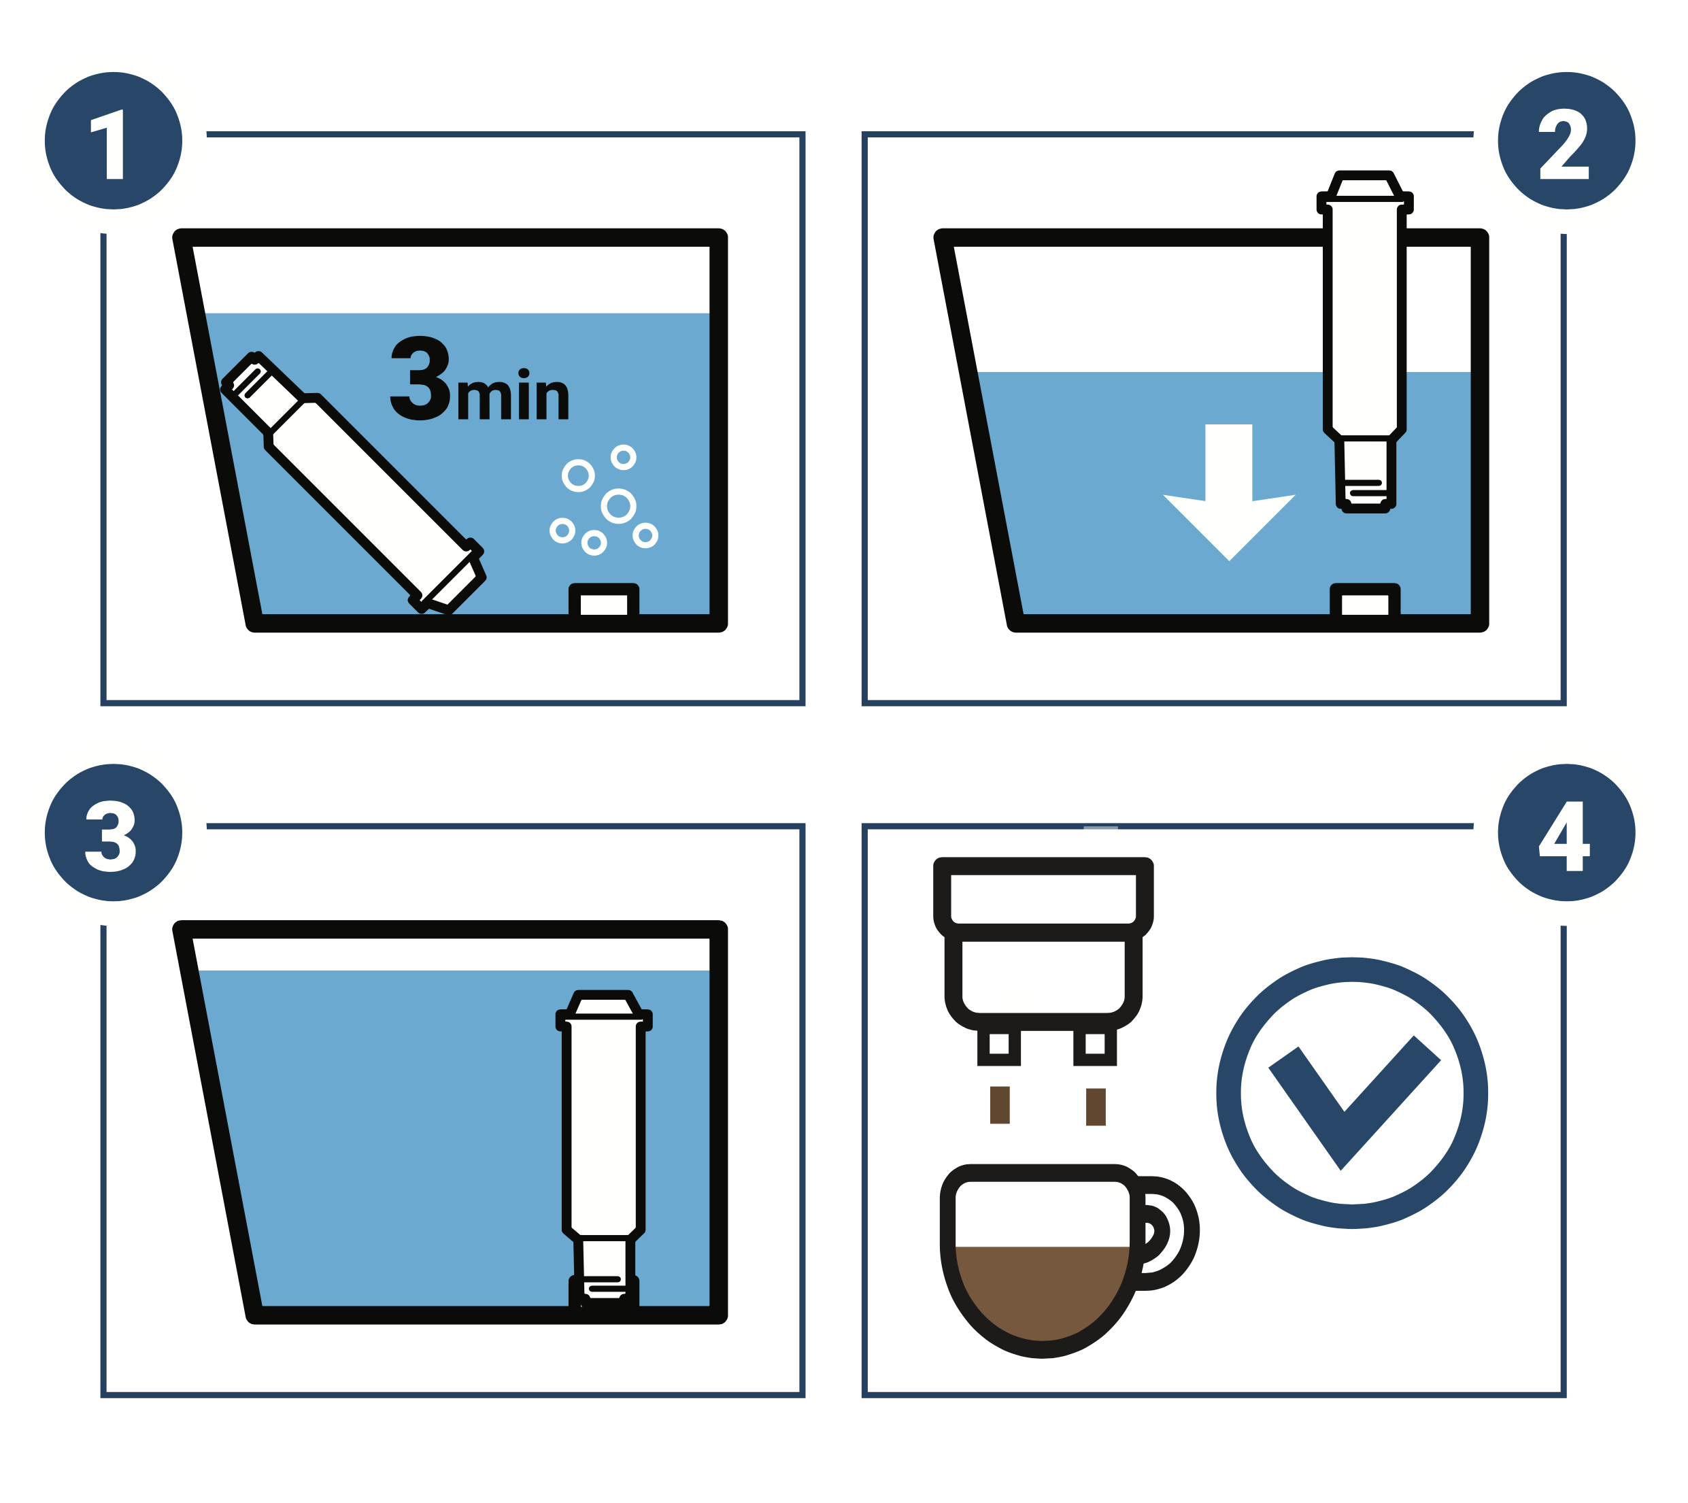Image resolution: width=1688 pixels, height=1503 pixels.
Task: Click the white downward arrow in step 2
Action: coord(1229,492)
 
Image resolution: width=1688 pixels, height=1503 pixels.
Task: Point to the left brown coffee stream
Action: coord(999,1105)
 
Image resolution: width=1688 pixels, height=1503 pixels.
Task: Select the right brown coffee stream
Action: coord(1095,1107)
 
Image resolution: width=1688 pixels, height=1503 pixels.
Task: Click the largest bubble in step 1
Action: coord(619,506)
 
